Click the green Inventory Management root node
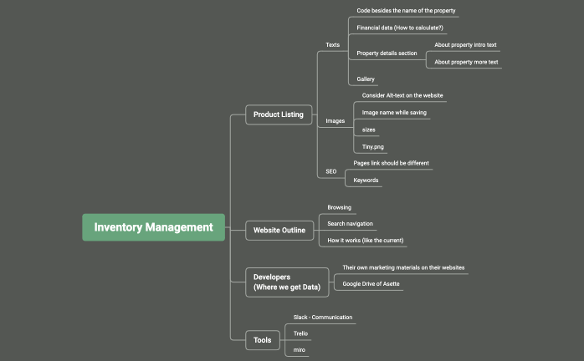153,227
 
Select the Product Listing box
279,114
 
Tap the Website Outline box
279,230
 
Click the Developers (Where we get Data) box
286,282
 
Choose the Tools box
263,339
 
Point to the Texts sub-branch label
332,44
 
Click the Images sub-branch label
335,121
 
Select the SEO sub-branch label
331,171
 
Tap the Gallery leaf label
366,79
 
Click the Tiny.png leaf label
373,147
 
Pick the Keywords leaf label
366,180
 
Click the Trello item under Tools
300,333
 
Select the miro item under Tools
299,350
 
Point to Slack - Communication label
322,318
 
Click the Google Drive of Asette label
371,284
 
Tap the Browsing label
339,207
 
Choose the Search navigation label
350,224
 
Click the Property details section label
387,53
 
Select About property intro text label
465,44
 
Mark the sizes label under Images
368,130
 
